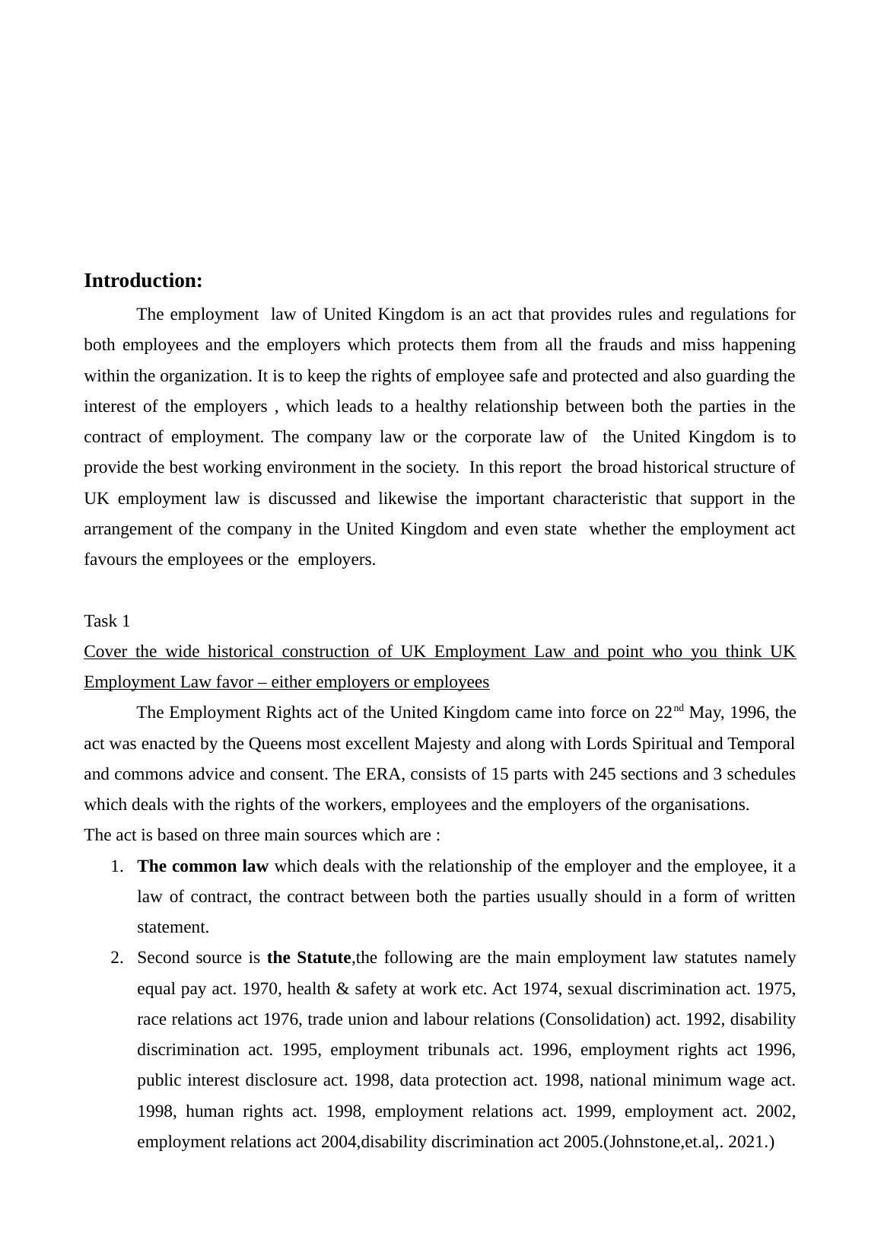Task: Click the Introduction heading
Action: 143,281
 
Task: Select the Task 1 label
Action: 107,621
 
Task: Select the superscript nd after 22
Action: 679,708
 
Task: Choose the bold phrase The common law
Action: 203,866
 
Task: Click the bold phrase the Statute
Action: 309,958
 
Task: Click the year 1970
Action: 259,989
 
